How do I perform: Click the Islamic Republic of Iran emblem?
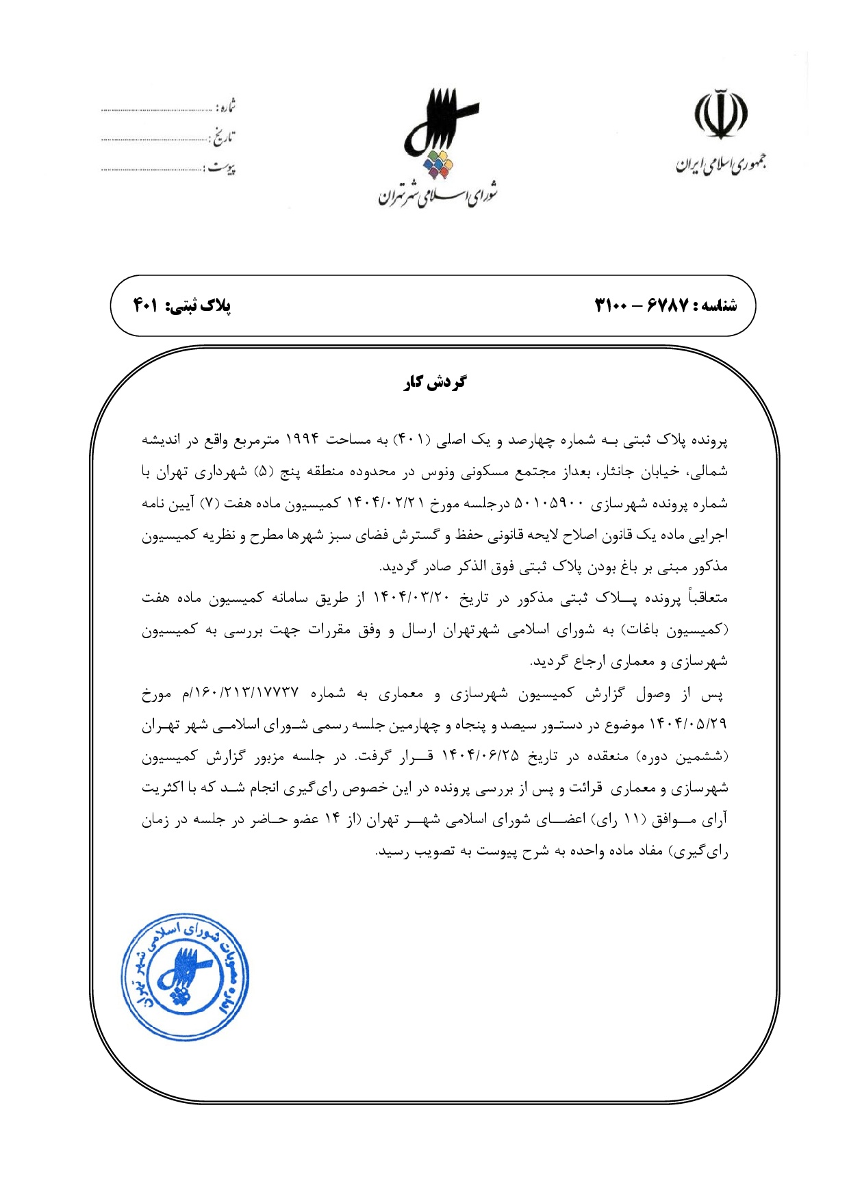click(721, 113)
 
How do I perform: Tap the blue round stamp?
click(184, 977)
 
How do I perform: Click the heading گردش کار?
click(435, 382)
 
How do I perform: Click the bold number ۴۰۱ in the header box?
click(145, 306)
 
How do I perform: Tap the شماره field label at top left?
click(225, 107)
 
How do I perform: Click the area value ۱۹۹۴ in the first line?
click(301, 440)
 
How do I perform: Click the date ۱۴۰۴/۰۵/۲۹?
click(693, 724)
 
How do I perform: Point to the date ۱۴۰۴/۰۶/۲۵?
click(480, 756)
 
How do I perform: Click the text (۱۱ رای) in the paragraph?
click(613, 820)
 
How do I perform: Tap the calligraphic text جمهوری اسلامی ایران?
click(721, 164)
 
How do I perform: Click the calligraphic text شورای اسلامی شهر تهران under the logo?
click(438, 195)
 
